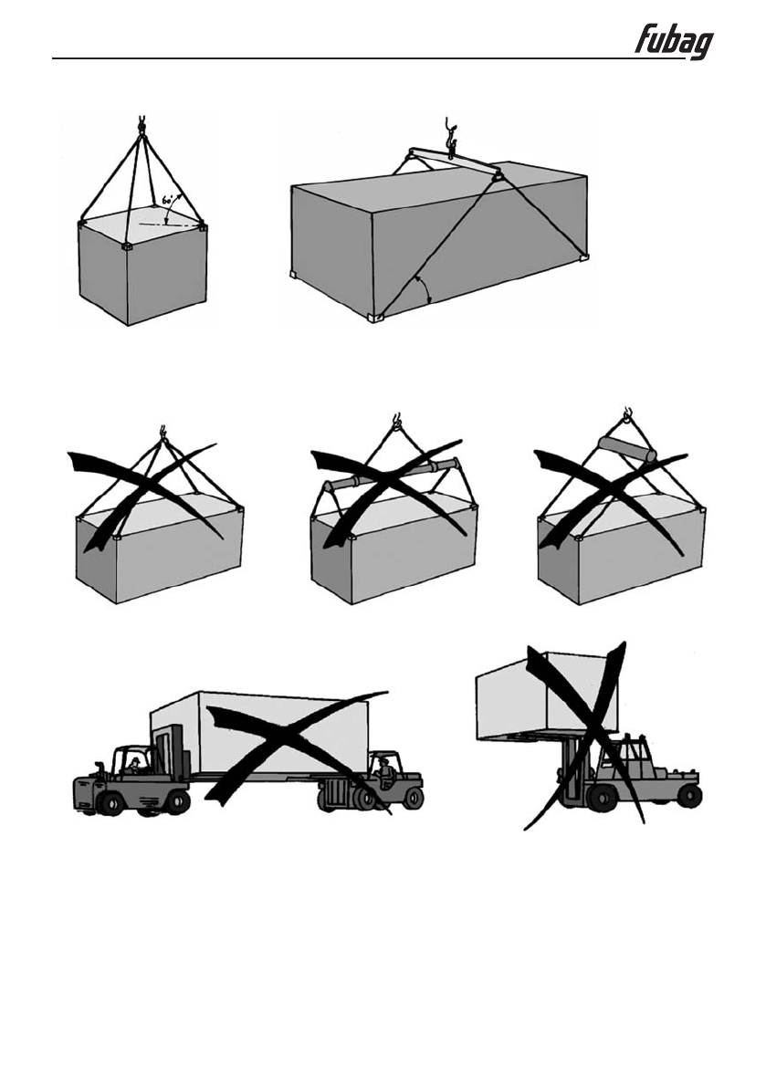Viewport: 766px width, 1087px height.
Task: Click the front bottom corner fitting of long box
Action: click(x=375, y=316)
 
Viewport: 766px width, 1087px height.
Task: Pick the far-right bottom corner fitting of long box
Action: click(x=582, y=259)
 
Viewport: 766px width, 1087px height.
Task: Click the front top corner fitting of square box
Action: click(x=127, y=246)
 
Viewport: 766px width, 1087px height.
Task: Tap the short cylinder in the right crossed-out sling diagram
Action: click(x=626, y=450)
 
